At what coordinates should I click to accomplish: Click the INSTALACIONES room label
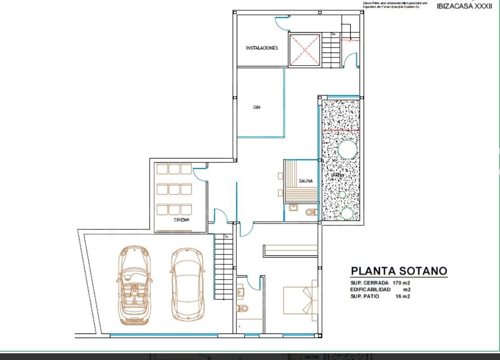tap(262, 48)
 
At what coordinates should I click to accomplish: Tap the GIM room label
tap(257, 107)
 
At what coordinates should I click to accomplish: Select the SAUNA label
tap(305, 181)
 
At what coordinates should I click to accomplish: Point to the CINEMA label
tap(182, 220)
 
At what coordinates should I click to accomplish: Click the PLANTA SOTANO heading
tap(399, 271)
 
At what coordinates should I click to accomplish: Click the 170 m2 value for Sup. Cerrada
tap(401, 283)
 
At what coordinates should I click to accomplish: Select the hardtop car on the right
tap(187, 285)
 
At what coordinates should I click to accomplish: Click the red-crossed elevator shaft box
tap(304, 50)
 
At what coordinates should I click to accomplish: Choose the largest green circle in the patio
tap(347, 149)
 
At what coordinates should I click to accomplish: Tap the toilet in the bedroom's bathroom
tap(242, 308)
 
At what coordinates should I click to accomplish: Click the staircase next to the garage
tap(223, 267)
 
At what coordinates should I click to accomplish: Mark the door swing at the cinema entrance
tap(200, 174)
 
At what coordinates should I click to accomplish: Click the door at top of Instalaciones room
tap(282, 22)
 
